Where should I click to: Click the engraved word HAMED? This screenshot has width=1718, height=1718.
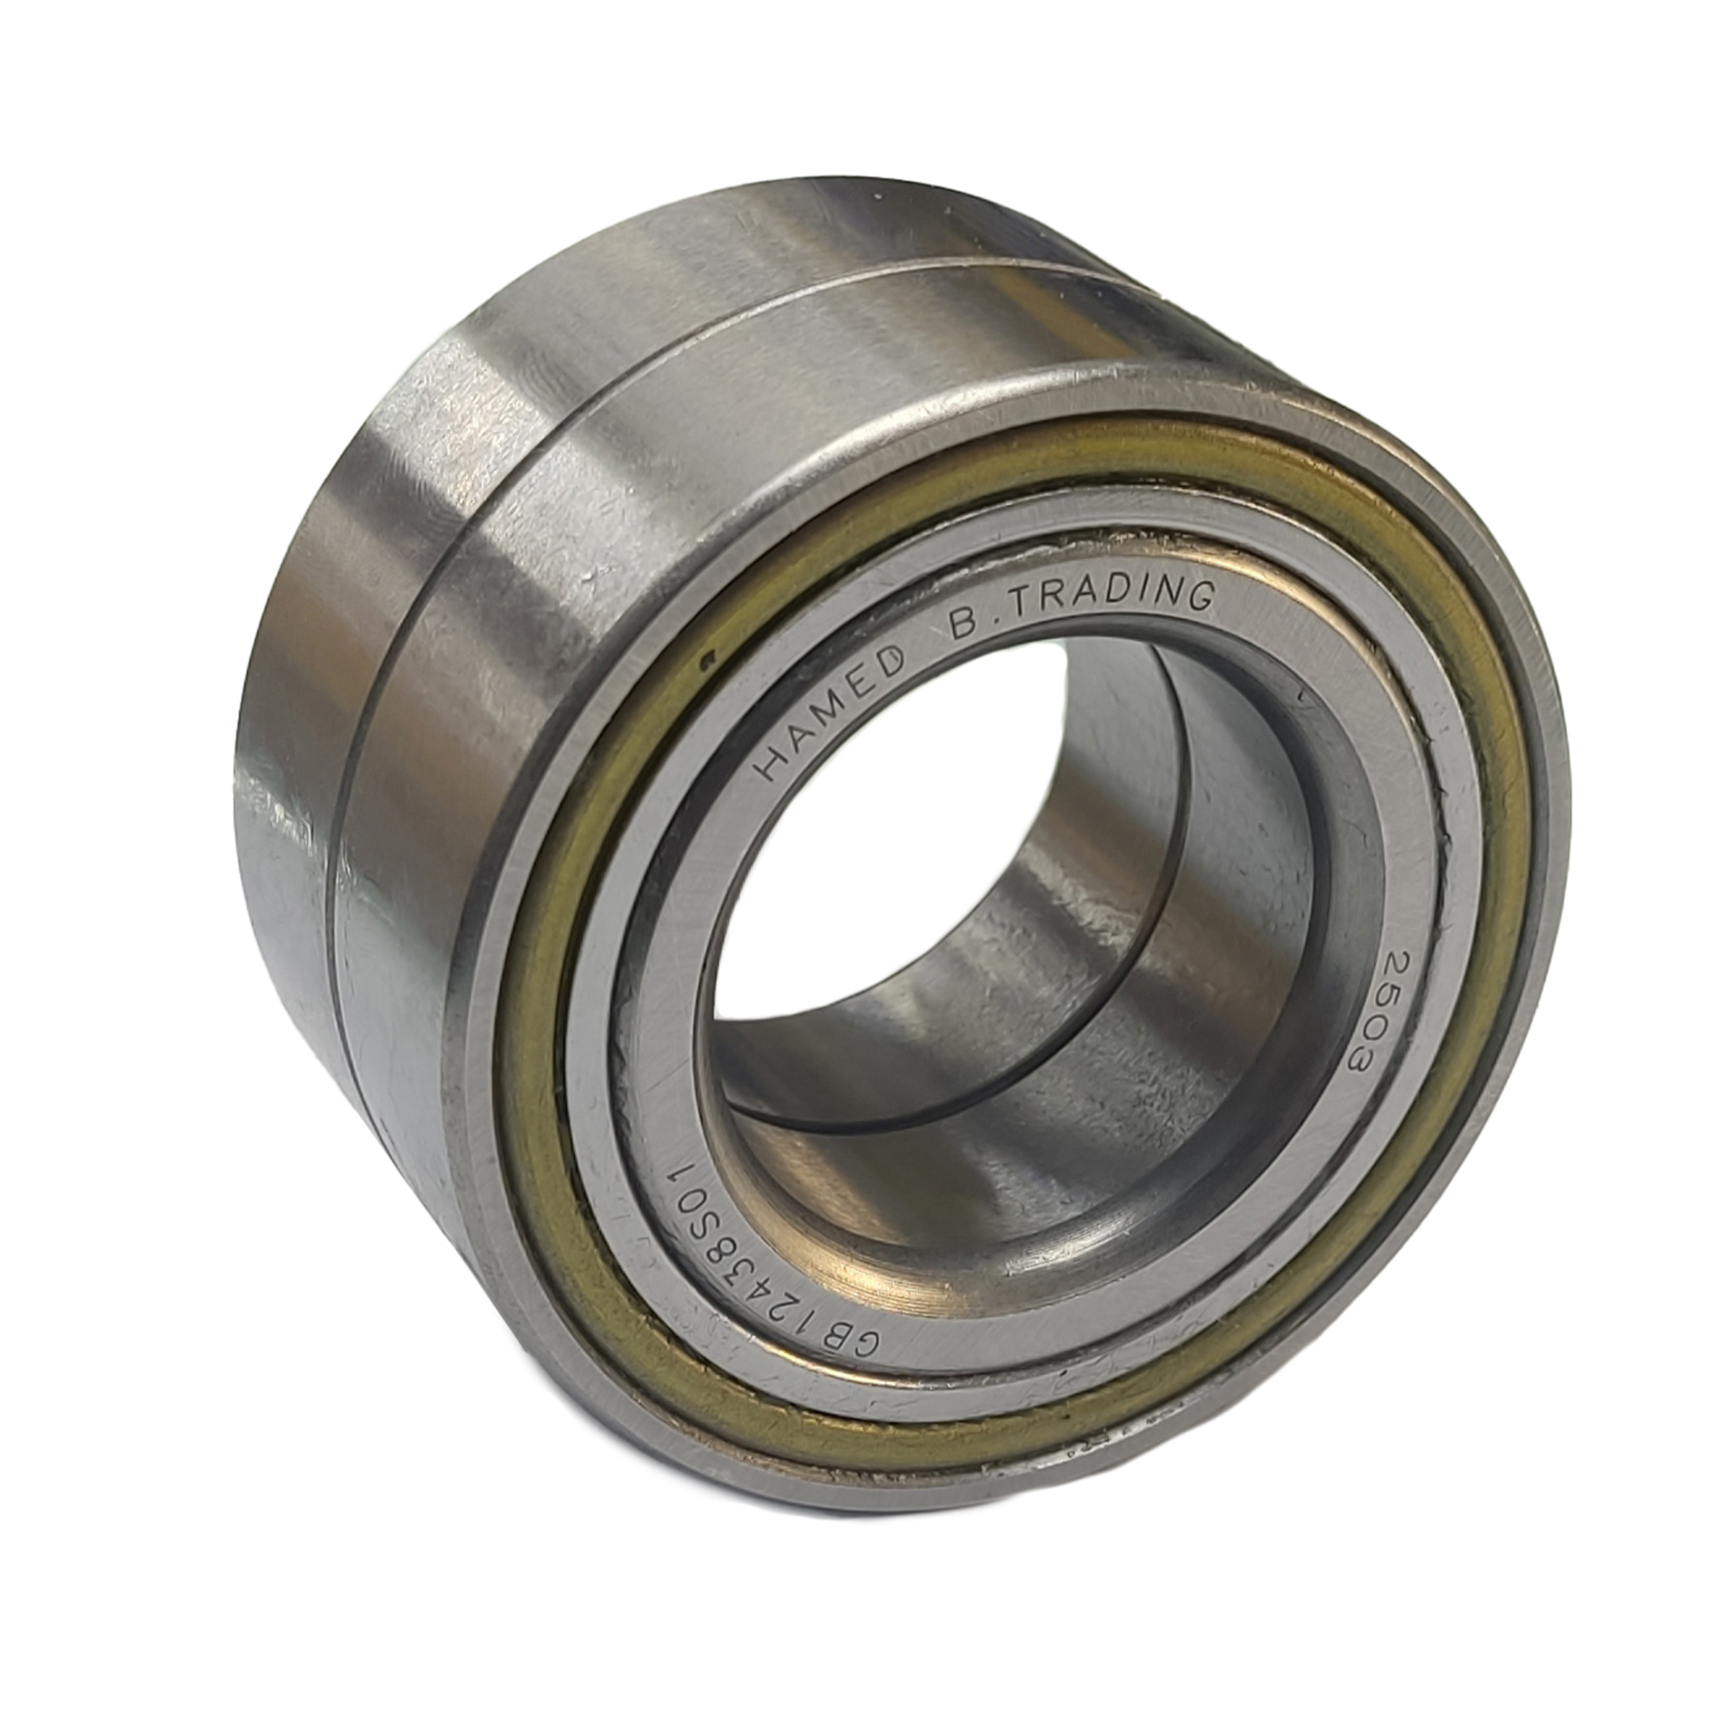point(825,713)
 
